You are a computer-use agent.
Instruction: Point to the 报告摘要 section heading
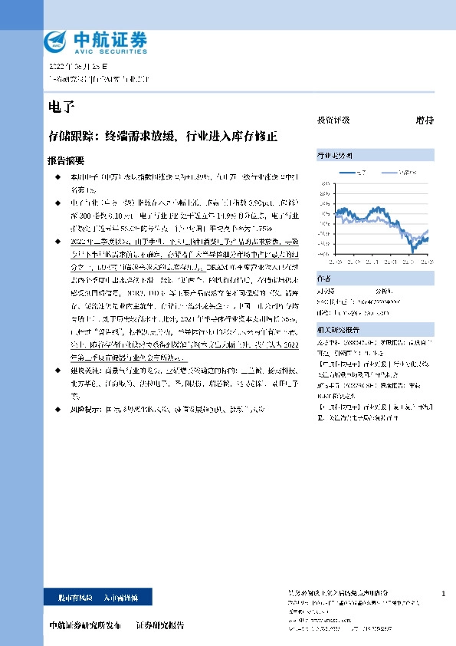pos(66,162)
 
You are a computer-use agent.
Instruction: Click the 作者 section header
pos(324,279)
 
